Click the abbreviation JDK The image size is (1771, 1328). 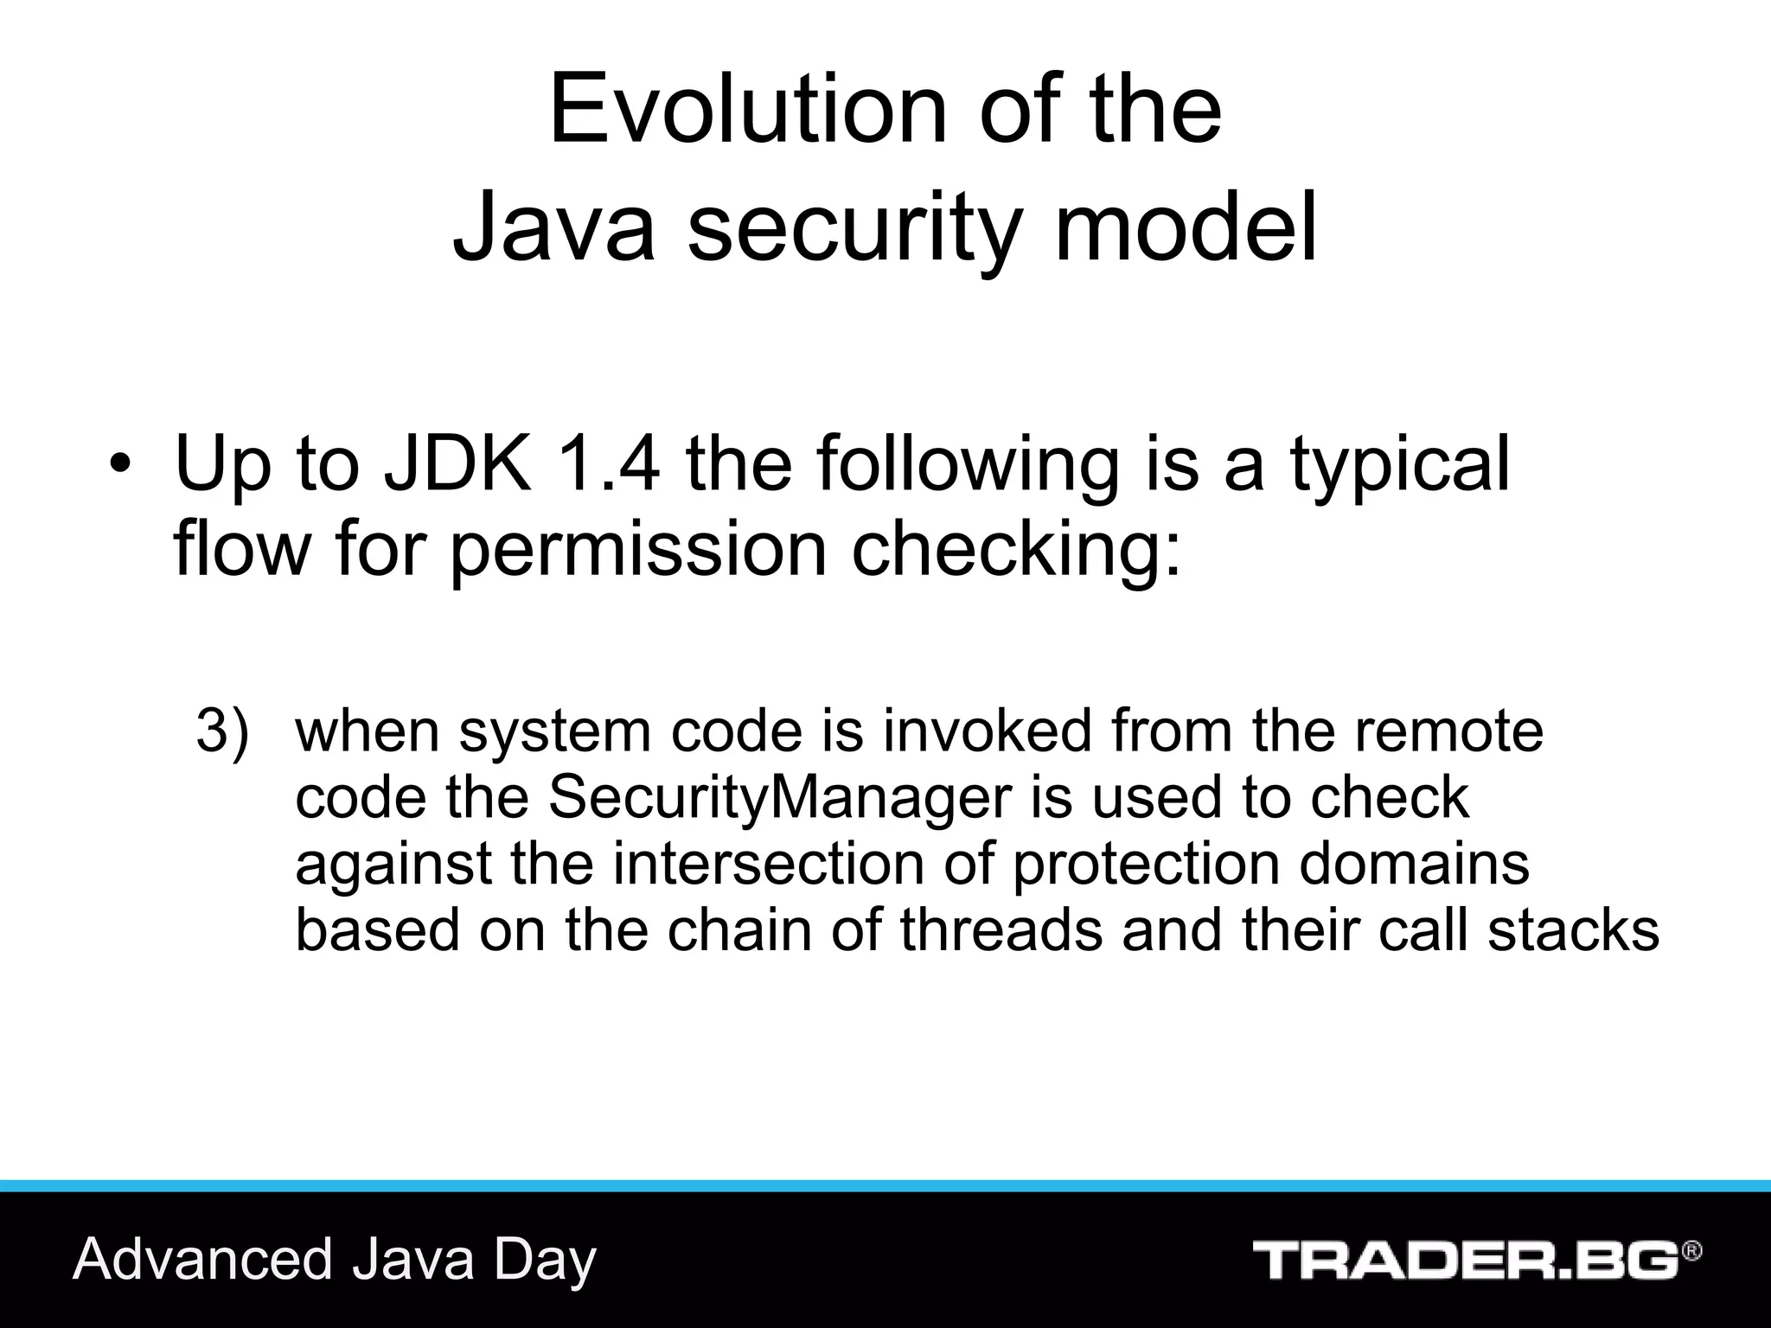457,464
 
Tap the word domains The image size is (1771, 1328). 1414,864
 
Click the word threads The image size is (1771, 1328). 1001,930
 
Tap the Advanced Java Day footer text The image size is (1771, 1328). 335,1260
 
